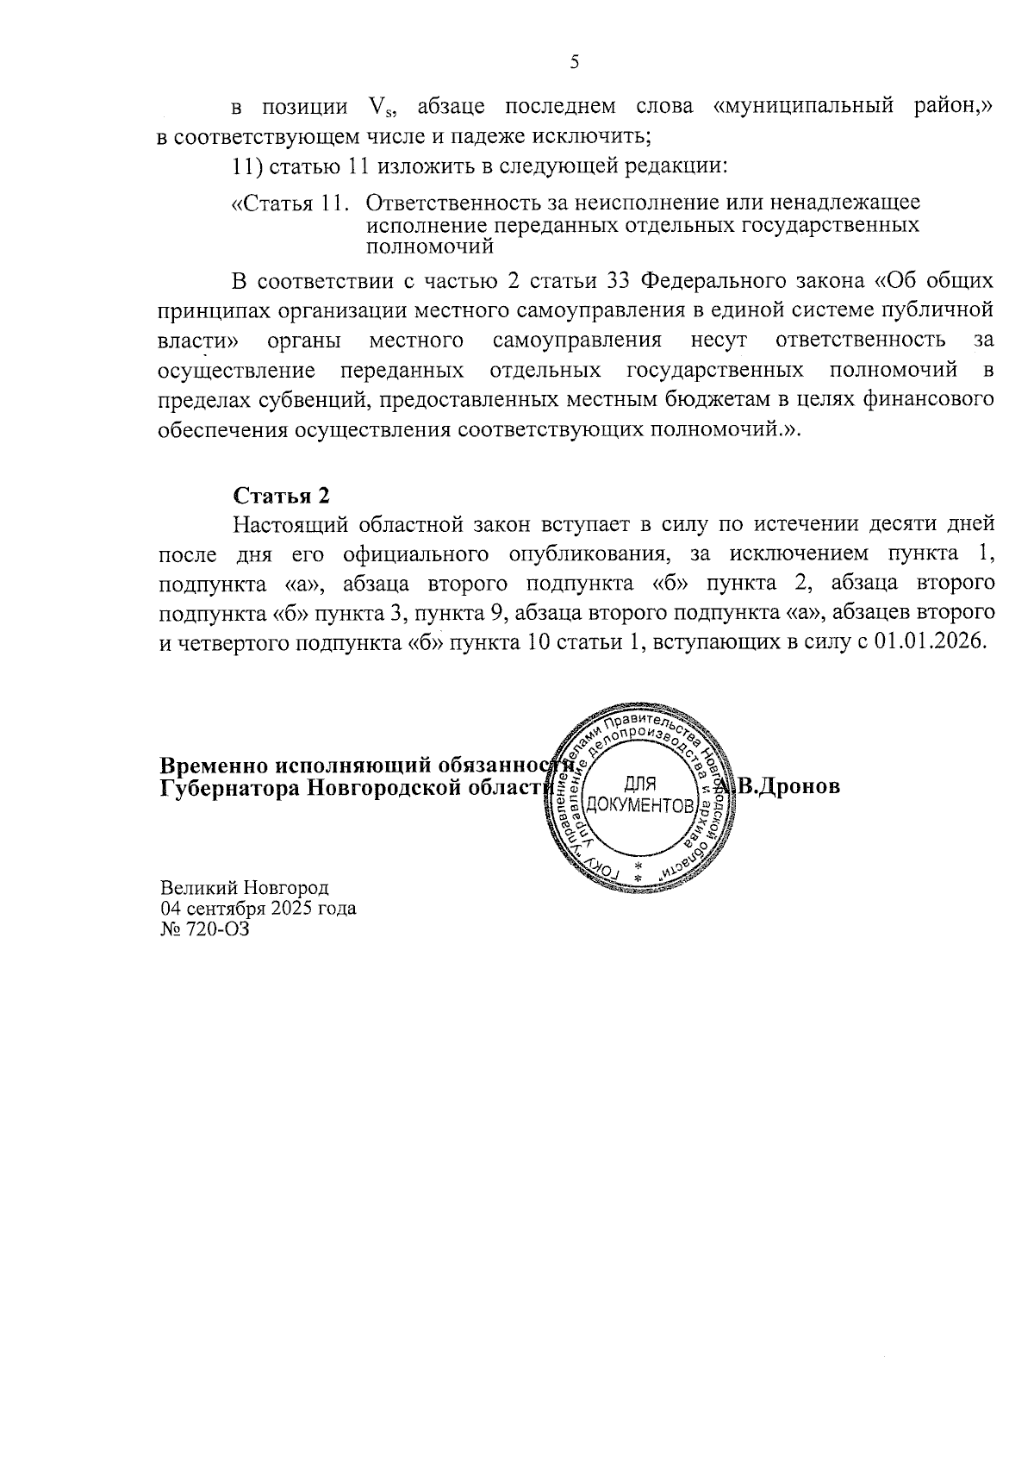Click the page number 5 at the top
(x=575, y=61)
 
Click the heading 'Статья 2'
(x=281, y=496)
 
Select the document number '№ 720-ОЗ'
(x=204, y=928)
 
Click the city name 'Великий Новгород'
(x=244, y=887)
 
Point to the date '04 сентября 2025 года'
(x=258, y=908)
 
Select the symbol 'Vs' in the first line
(x=380, y=108)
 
